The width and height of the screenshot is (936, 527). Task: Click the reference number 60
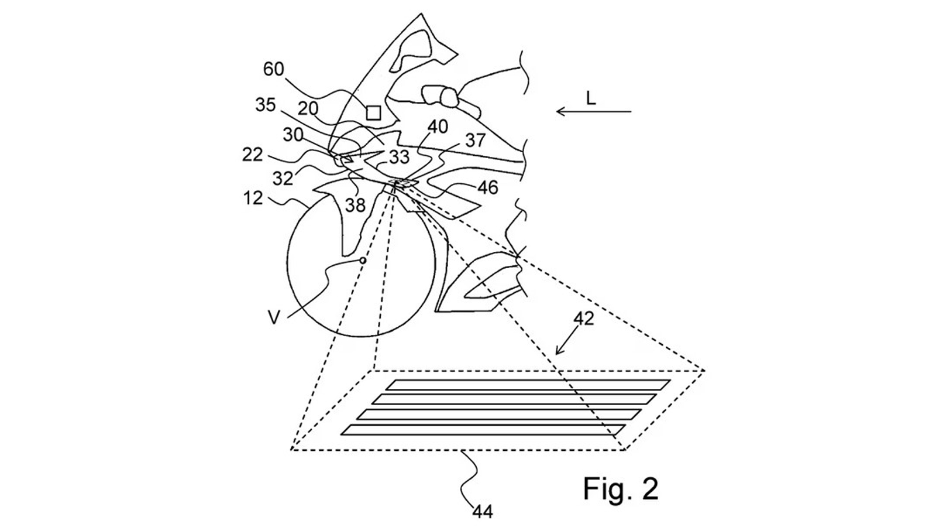274,69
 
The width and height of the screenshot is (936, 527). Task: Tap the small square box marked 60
373,112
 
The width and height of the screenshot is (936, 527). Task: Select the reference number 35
266,105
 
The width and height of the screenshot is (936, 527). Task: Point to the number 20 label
308,109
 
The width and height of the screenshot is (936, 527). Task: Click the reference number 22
252,155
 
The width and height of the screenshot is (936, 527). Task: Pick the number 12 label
253,198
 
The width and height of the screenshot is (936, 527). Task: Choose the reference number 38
355,206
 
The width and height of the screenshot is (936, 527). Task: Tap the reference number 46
488,188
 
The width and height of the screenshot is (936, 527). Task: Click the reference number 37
475,141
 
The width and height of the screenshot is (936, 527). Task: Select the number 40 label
438,126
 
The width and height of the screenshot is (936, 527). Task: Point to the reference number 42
583,319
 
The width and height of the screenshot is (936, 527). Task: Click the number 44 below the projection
483,512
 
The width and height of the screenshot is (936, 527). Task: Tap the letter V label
274,319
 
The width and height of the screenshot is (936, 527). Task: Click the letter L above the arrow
590,99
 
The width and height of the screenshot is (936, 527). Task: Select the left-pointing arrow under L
594,112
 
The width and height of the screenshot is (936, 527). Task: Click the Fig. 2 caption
621,488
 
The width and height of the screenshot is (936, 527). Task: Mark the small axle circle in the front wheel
363,261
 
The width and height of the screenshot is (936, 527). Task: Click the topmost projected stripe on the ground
528,385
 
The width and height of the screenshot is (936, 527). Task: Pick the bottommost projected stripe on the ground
483,430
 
